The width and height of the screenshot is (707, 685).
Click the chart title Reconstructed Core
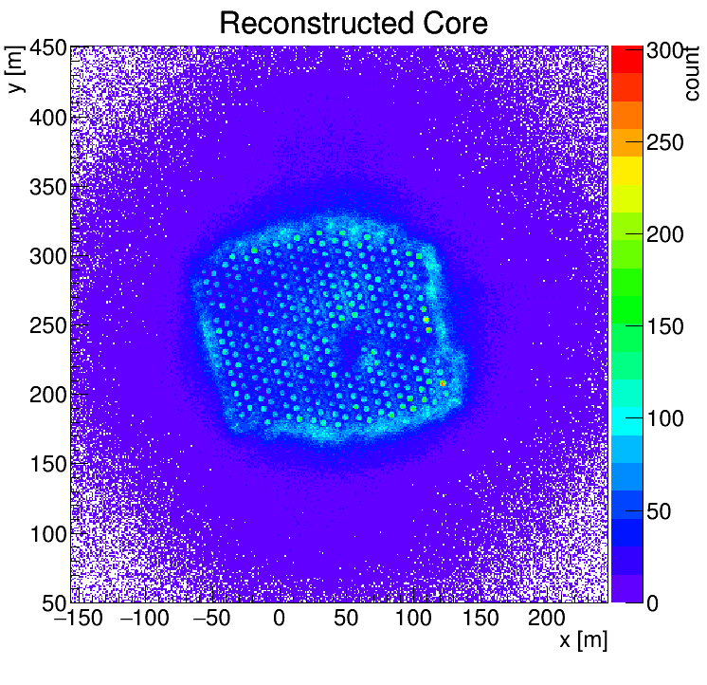click(353, 23)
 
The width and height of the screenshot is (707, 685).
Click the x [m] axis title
click(582, 640)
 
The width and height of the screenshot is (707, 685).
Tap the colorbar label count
click(692, 72)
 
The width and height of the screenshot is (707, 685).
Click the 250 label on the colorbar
click(665, 143)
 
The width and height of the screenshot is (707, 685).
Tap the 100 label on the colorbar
click(665, 419)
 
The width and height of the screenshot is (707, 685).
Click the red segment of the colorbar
click(626, 58)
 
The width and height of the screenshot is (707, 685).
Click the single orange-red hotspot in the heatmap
click(443, 383)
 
